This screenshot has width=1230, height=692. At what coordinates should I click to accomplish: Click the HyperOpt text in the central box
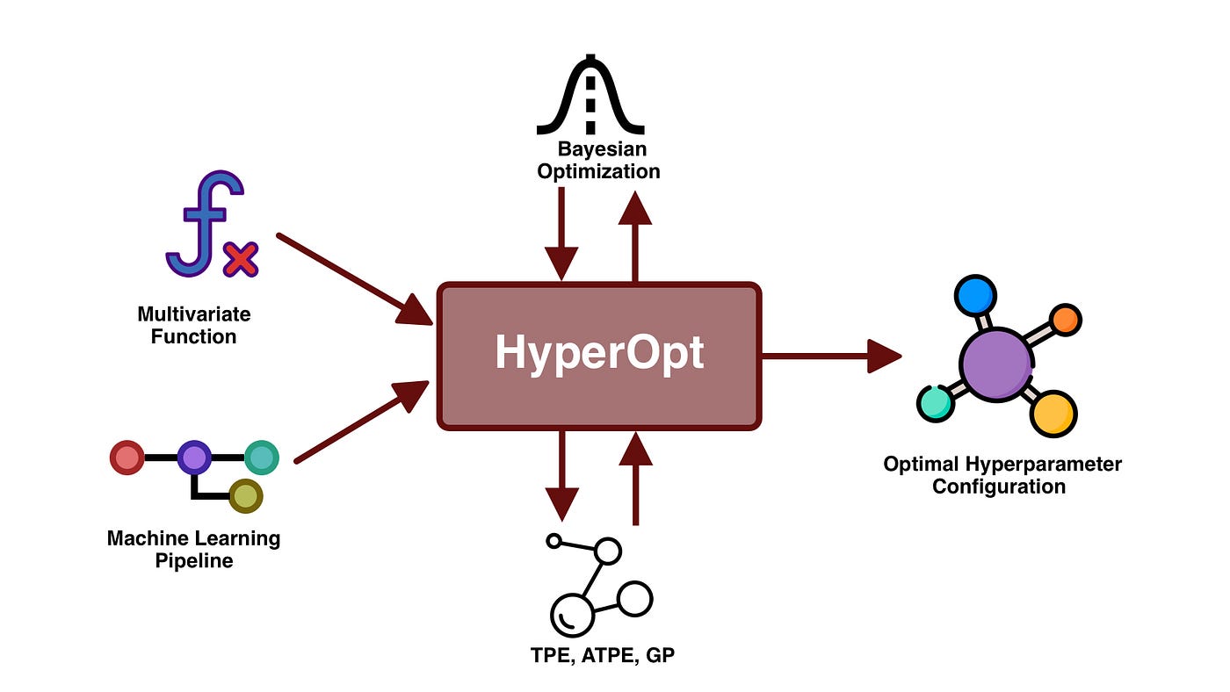click(599, 353)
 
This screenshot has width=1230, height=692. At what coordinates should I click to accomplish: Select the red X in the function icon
click(240, 260)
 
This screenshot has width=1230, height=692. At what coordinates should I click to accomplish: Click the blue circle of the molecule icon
click(974, 296)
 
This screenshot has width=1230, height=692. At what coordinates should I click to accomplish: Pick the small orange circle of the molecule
click(1065, 321)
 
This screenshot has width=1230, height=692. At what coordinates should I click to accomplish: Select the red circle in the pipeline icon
click(127, 458)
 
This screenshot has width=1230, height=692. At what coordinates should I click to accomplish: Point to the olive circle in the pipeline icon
click(245, 496)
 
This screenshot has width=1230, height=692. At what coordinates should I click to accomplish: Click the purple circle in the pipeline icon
click(193, 458)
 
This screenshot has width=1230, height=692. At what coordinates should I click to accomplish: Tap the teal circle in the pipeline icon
click(261, 458)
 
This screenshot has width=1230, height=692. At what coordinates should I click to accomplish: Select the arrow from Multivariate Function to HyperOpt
click(351, 278)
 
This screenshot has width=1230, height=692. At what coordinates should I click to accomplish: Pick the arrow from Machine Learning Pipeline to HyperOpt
click(360, 422)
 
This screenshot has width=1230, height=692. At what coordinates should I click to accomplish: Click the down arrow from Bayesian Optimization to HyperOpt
click(561, 233)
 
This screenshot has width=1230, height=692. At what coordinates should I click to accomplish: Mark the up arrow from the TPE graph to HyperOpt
click(635, 479)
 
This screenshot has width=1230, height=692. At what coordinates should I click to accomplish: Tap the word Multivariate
click(193, 314)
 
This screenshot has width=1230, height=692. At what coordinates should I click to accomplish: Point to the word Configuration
click(999, 486)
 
